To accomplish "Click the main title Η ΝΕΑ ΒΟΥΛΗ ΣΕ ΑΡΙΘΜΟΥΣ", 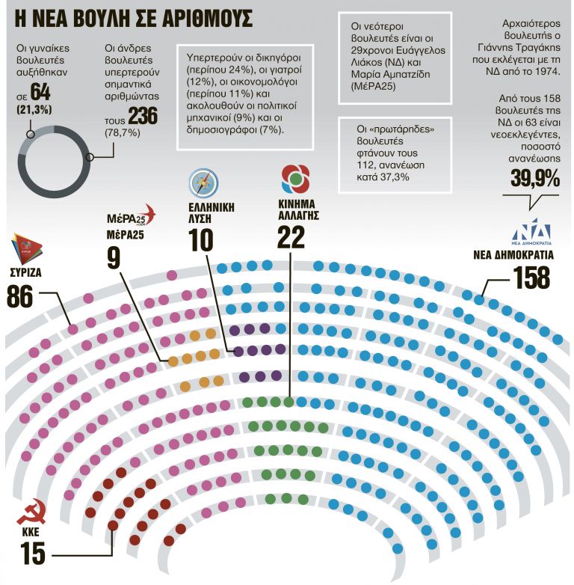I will point(127,16).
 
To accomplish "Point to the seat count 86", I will point(23,295).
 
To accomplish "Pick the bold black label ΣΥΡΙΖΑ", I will point(25,272).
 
